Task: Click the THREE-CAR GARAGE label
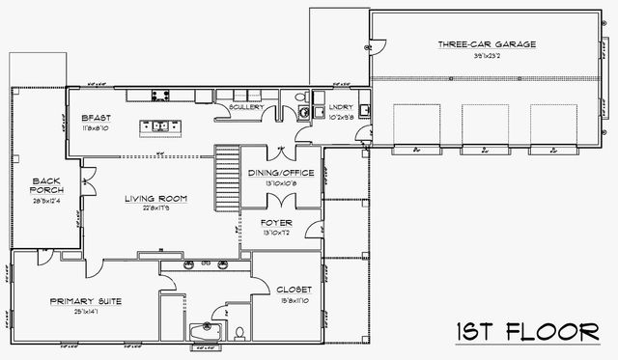click(487, 44)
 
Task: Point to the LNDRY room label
click(340, 108)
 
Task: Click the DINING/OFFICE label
click(280, 173)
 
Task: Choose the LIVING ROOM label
click(155, 199)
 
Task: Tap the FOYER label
click(278, 223)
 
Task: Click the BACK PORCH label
click(47, 184)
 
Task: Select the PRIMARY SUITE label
click(86, 301)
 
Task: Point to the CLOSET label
click(294, 289)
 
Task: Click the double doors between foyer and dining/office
click(280, 200)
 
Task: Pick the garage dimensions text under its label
click(487, 56)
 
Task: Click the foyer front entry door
click(313, 229)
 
